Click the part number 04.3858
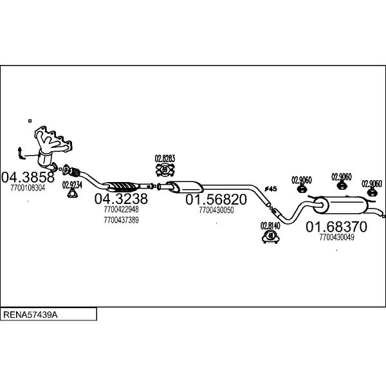(x=28, y=178)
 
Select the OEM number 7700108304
(x=28, y=188)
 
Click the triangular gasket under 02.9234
(x=72, y=194)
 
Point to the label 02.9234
(x=72, y=185)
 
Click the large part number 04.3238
(x=121, y=198)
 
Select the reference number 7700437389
(x=121, y=220)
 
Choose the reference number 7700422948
(x=121, y=210)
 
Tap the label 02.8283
(x=165, y=158)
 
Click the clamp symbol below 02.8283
(x=165, y=170)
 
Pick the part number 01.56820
(x=216, y=199)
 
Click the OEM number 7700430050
(x=216, y=210)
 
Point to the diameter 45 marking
(x=271, y=188)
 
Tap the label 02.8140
(x=270, y=226)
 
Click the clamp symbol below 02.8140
(x=271, y=236)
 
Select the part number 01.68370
(x=336, y=226)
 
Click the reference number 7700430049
(x=336, y=237)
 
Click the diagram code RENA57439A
(x=30, y=315)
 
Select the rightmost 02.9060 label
(x=372, y=183)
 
